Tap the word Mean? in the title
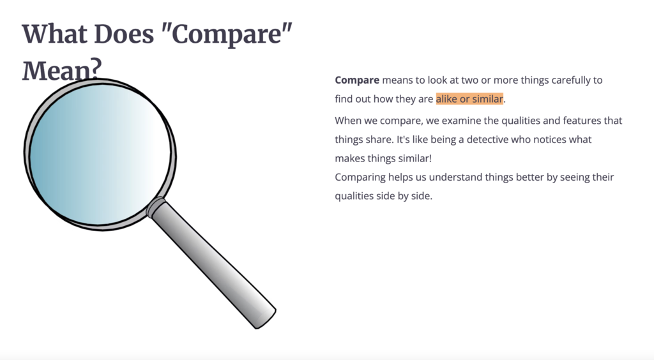coord(61,70)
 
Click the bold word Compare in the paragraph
coord(357,80)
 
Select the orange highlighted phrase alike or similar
coord(469,100)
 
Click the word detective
coord(490,139)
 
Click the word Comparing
coord(360,177)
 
